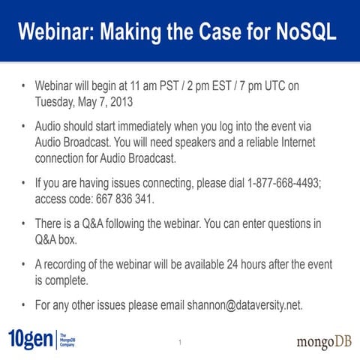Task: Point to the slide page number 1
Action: click(180, 343)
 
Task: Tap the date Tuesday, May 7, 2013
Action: click(91, 102)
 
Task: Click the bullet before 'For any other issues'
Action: click(24, 305)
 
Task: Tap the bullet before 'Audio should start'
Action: click(24, 126)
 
